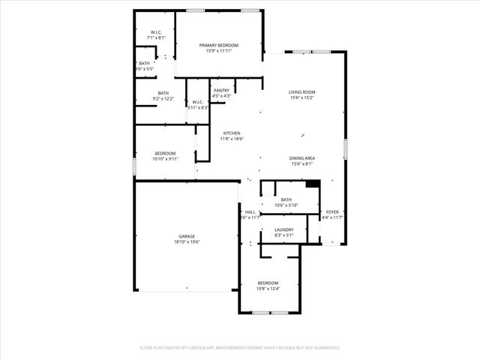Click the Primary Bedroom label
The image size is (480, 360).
coord(218,46)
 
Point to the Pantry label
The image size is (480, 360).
coord(221,91)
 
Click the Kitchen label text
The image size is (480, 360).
coord(231,133)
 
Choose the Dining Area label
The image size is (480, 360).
coord(301,158)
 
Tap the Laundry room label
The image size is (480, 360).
coord(283,229)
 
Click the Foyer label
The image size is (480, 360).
coord(332,212)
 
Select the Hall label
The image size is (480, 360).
coord(250,212)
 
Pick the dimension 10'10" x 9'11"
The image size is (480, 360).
coord(165,159)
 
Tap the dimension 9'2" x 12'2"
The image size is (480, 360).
coord(163,98)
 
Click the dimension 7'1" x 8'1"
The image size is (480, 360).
coord(156,37)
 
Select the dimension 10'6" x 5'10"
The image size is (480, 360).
coord(286,205)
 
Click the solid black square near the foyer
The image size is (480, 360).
coord(313,184)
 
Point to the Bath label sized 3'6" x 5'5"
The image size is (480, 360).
coord(144,64)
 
